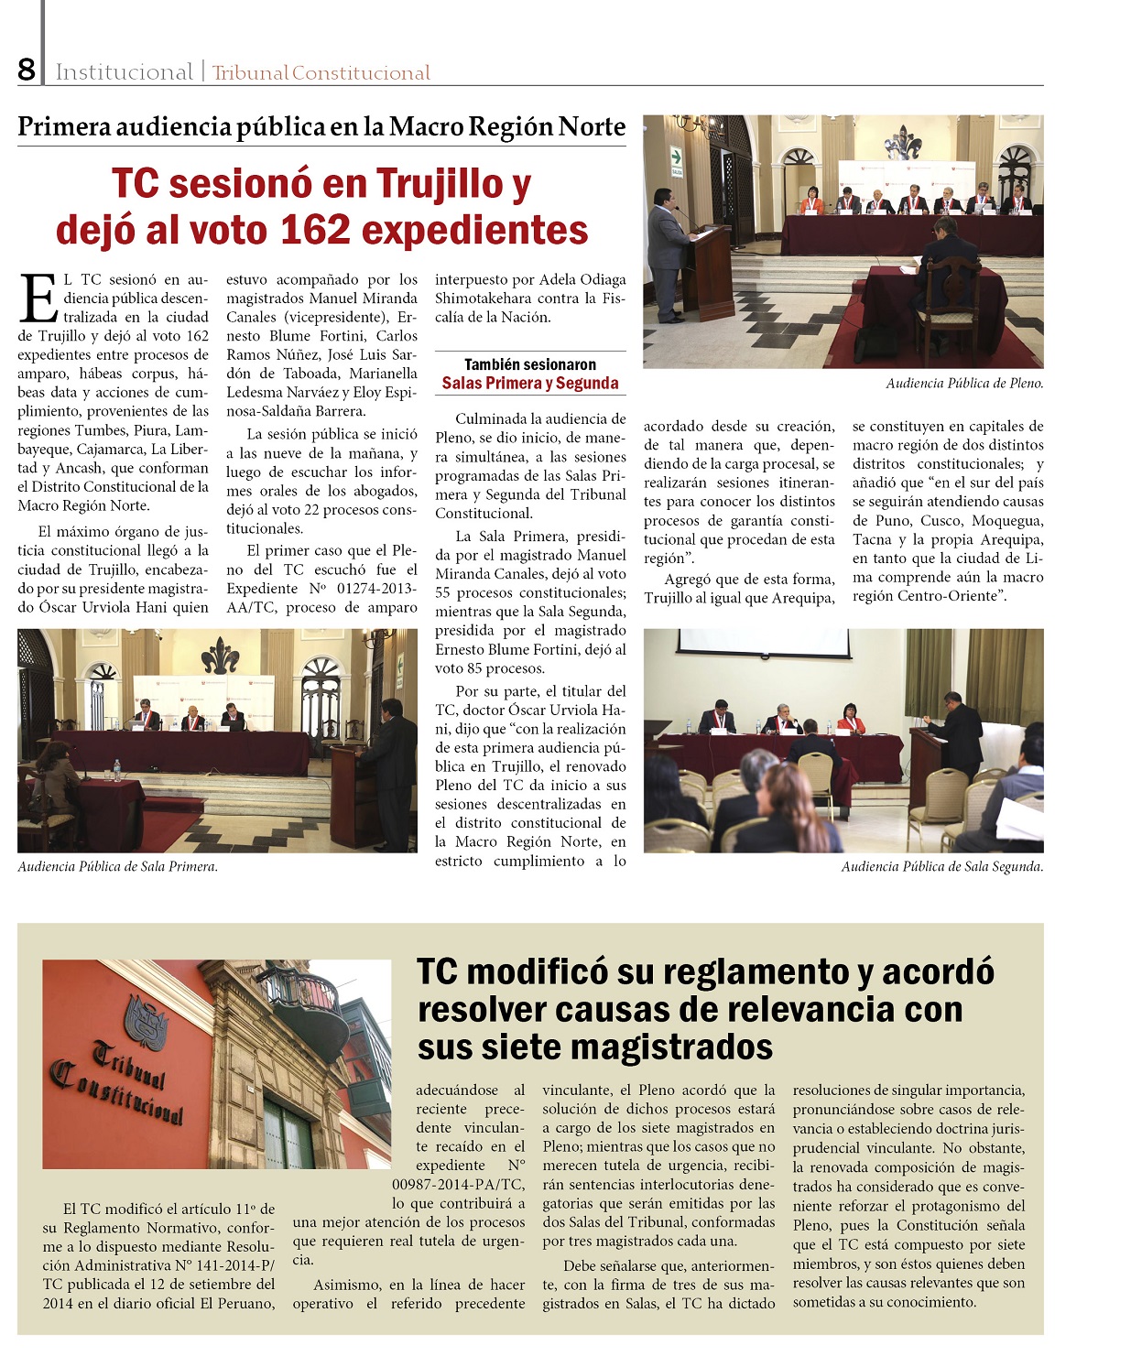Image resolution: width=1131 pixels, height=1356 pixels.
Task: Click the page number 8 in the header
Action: tap(27, 70)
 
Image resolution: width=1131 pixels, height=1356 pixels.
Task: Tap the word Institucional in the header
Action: tap(124, 72)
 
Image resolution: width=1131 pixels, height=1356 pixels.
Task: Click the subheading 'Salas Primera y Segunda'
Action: tap(530, 384)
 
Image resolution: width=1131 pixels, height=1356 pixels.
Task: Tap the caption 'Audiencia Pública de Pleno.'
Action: tap(963, 384)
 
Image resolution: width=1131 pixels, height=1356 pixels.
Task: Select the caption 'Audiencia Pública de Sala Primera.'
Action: tap(117, 866)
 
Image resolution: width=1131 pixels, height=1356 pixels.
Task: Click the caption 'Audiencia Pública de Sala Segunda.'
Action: tap(941, 866)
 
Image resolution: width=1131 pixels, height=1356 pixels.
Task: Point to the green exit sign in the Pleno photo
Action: tap(677, 156)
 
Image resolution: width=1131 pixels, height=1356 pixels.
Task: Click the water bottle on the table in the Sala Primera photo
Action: tap(116, 769)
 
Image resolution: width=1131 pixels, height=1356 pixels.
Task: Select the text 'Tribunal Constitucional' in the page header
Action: tap(321, 73)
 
